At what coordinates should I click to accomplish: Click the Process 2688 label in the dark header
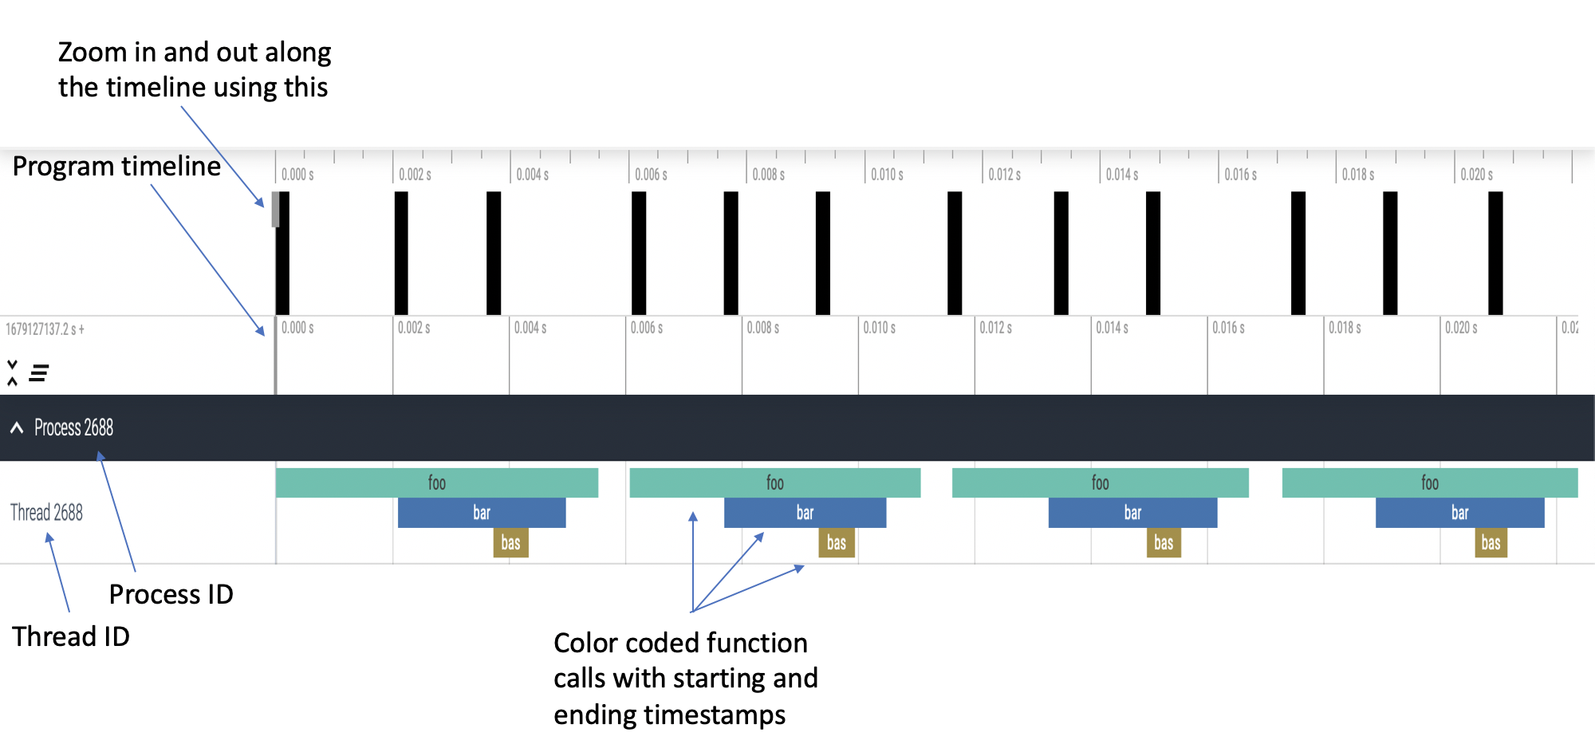pyautogui.click(x=73, y=428)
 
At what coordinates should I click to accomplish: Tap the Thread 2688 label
pyautogui.click(x=46, y=512)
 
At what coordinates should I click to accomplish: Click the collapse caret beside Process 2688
pyautogui.click(x=17, y=428)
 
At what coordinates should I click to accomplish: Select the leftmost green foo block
pyautogui.click(x=437, y=482)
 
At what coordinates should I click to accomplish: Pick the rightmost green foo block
pyautogui.click(x=1430, y=482)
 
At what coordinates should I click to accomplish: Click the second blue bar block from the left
pyautogui.click(x=805, y=513)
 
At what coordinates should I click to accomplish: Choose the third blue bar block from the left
pyautogui.click(x=1133, y=513)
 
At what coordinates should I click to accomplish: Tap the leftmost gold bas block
pyautogui.click(x=511, y=543)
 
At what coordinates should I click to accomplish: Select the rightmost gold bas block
pyautogui.click(x=1491, y=543)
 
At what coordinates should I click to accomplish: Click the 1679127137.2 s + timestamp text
pyautogui.click(x=45, y=329)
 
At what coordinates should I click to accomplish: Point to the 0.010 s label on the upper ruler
pyautogui.click(x=887, y=174)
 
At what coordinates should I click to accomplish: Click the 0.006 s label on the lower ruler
pyautogui.click(x=647, y=328)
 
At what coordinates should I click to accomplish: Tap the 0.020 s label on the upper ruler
pyautogui.click(x=1477, y=174)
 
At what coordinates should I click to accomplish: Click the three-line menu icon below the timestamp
pyautogui.click(x=39, y=372)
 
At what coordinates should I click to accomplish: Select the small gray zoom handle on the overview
pyautogui.click(x=276, y=209)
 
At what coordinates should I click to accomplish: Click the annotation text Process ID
pyautogui.click(x=171, y=594)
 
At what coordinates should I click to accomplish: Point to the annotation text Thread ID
pyautogui.click(x=71, y=636)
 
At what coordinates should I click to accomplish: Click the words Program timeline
pyautogui.click(x=116, y=166)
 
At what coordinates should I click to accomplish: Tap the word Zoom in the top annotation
pyautogui.click(x=93, y=52)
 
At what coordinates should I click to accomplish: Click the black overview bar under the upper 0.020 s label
pyautogui.click(x=1495, y=253)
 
